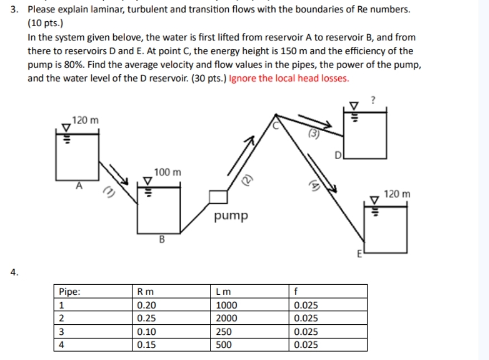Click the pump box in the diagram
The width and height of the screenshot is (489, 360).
[219, 196]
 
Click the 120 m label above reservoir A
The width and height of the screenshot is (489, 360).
[85, 120]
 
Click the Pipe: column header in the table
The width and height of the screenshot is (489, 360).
[69, 291]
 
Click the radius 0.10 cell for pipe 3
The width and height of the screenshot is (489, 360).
[146, 332]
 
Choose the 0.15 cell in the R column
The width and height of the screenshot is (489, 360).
[146, 344]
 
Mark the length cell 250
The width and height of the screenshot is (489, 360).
[224, 332]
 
